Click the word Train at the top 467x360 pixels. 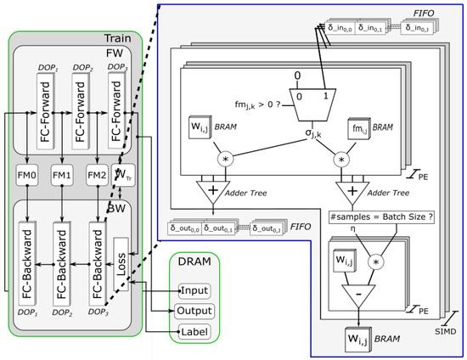(116, 39)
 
